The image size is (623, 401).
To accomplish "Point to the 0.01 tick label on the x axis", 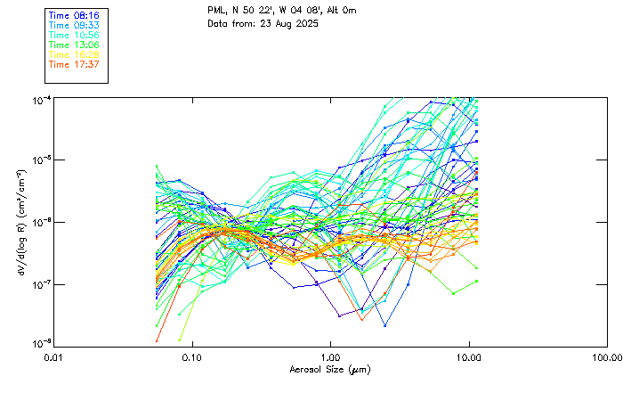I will (x=54, y=357).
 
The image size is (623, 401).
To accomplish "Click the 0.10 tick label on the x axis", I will (x=191, y=357).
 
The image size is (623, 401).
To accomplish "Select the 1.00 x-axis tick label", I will (x=330, y=357).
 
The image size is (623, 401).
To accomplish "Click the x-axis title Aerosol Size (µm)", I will (x=329, y=369).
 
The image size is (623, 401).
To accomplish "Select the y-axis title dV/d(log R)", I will (x=20, y=222).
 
